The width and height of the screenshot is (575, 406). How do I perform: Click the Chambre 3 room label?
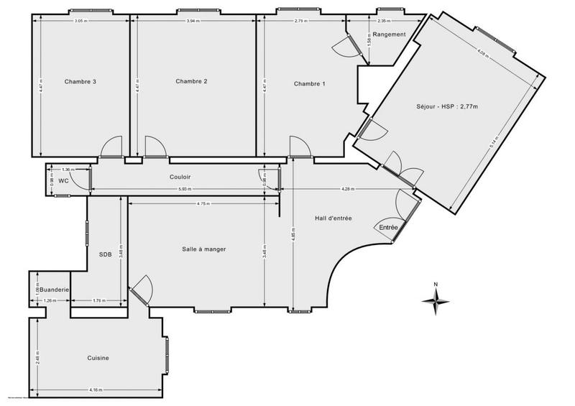80,82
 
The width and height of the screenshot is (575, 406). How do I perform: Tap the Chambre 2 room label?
191,81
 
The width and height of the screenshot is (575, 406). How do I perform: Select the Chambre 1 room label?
309,84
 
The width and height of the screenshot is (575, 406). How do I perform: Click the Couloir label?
180,177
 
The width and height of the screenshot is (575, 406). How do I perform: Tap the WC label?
63,181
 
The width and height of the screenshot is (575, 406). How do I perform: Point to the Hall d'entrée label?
333,218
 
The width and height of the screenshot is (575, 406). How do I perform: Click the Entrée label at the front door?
389,228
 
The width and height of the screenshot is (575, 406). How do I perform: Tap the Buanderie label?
54,290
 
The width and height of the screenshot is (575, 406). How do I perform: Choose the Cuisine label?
98,358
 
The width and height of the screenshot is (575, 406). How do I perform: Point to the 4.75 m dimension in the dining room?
203,204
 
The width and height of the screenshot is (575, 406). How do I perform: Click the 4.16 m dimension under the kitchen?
96,389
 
